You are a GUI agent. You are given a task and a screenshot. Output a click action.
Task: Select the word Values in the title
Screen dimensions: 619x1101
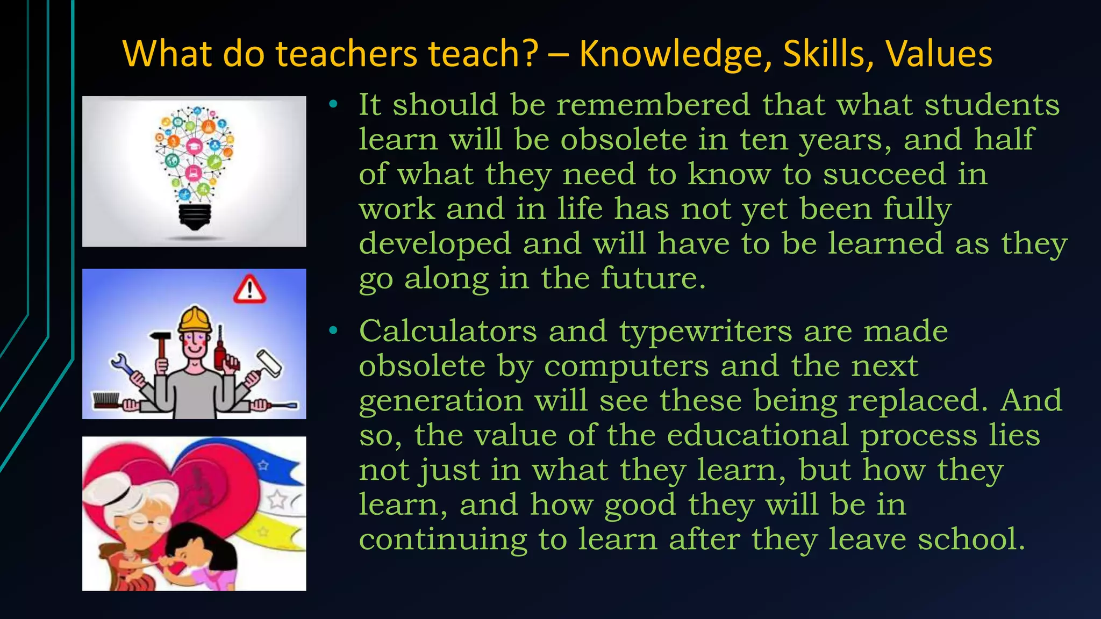(x=939, y=54)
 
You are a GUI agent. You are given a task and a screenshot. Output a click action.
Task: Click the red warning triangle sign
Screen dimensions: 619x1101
(x=249, y=290)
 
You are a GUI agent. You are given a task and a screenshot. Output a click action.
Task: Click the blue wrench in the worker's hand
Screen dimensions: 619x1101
(x=125, y=365)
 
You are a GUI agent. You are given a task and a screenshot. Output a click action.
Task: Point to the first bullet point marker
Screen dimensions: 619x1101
(x=333, y=104)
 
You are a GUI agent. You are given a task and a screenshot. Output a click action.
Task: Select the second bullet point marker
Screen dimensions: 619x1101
(x=333, y=330)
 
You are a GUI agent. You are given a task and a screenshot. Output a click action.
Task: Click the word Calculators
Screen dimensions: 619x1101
(x=448, y=330)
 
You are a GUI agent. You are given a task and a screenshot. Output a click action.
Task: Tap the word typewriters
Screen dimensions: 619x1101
(x=705, y=332)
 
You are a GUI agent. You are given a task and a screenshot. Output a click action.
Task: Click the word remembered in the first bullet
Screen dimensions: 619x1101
(x=653, y=104)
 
